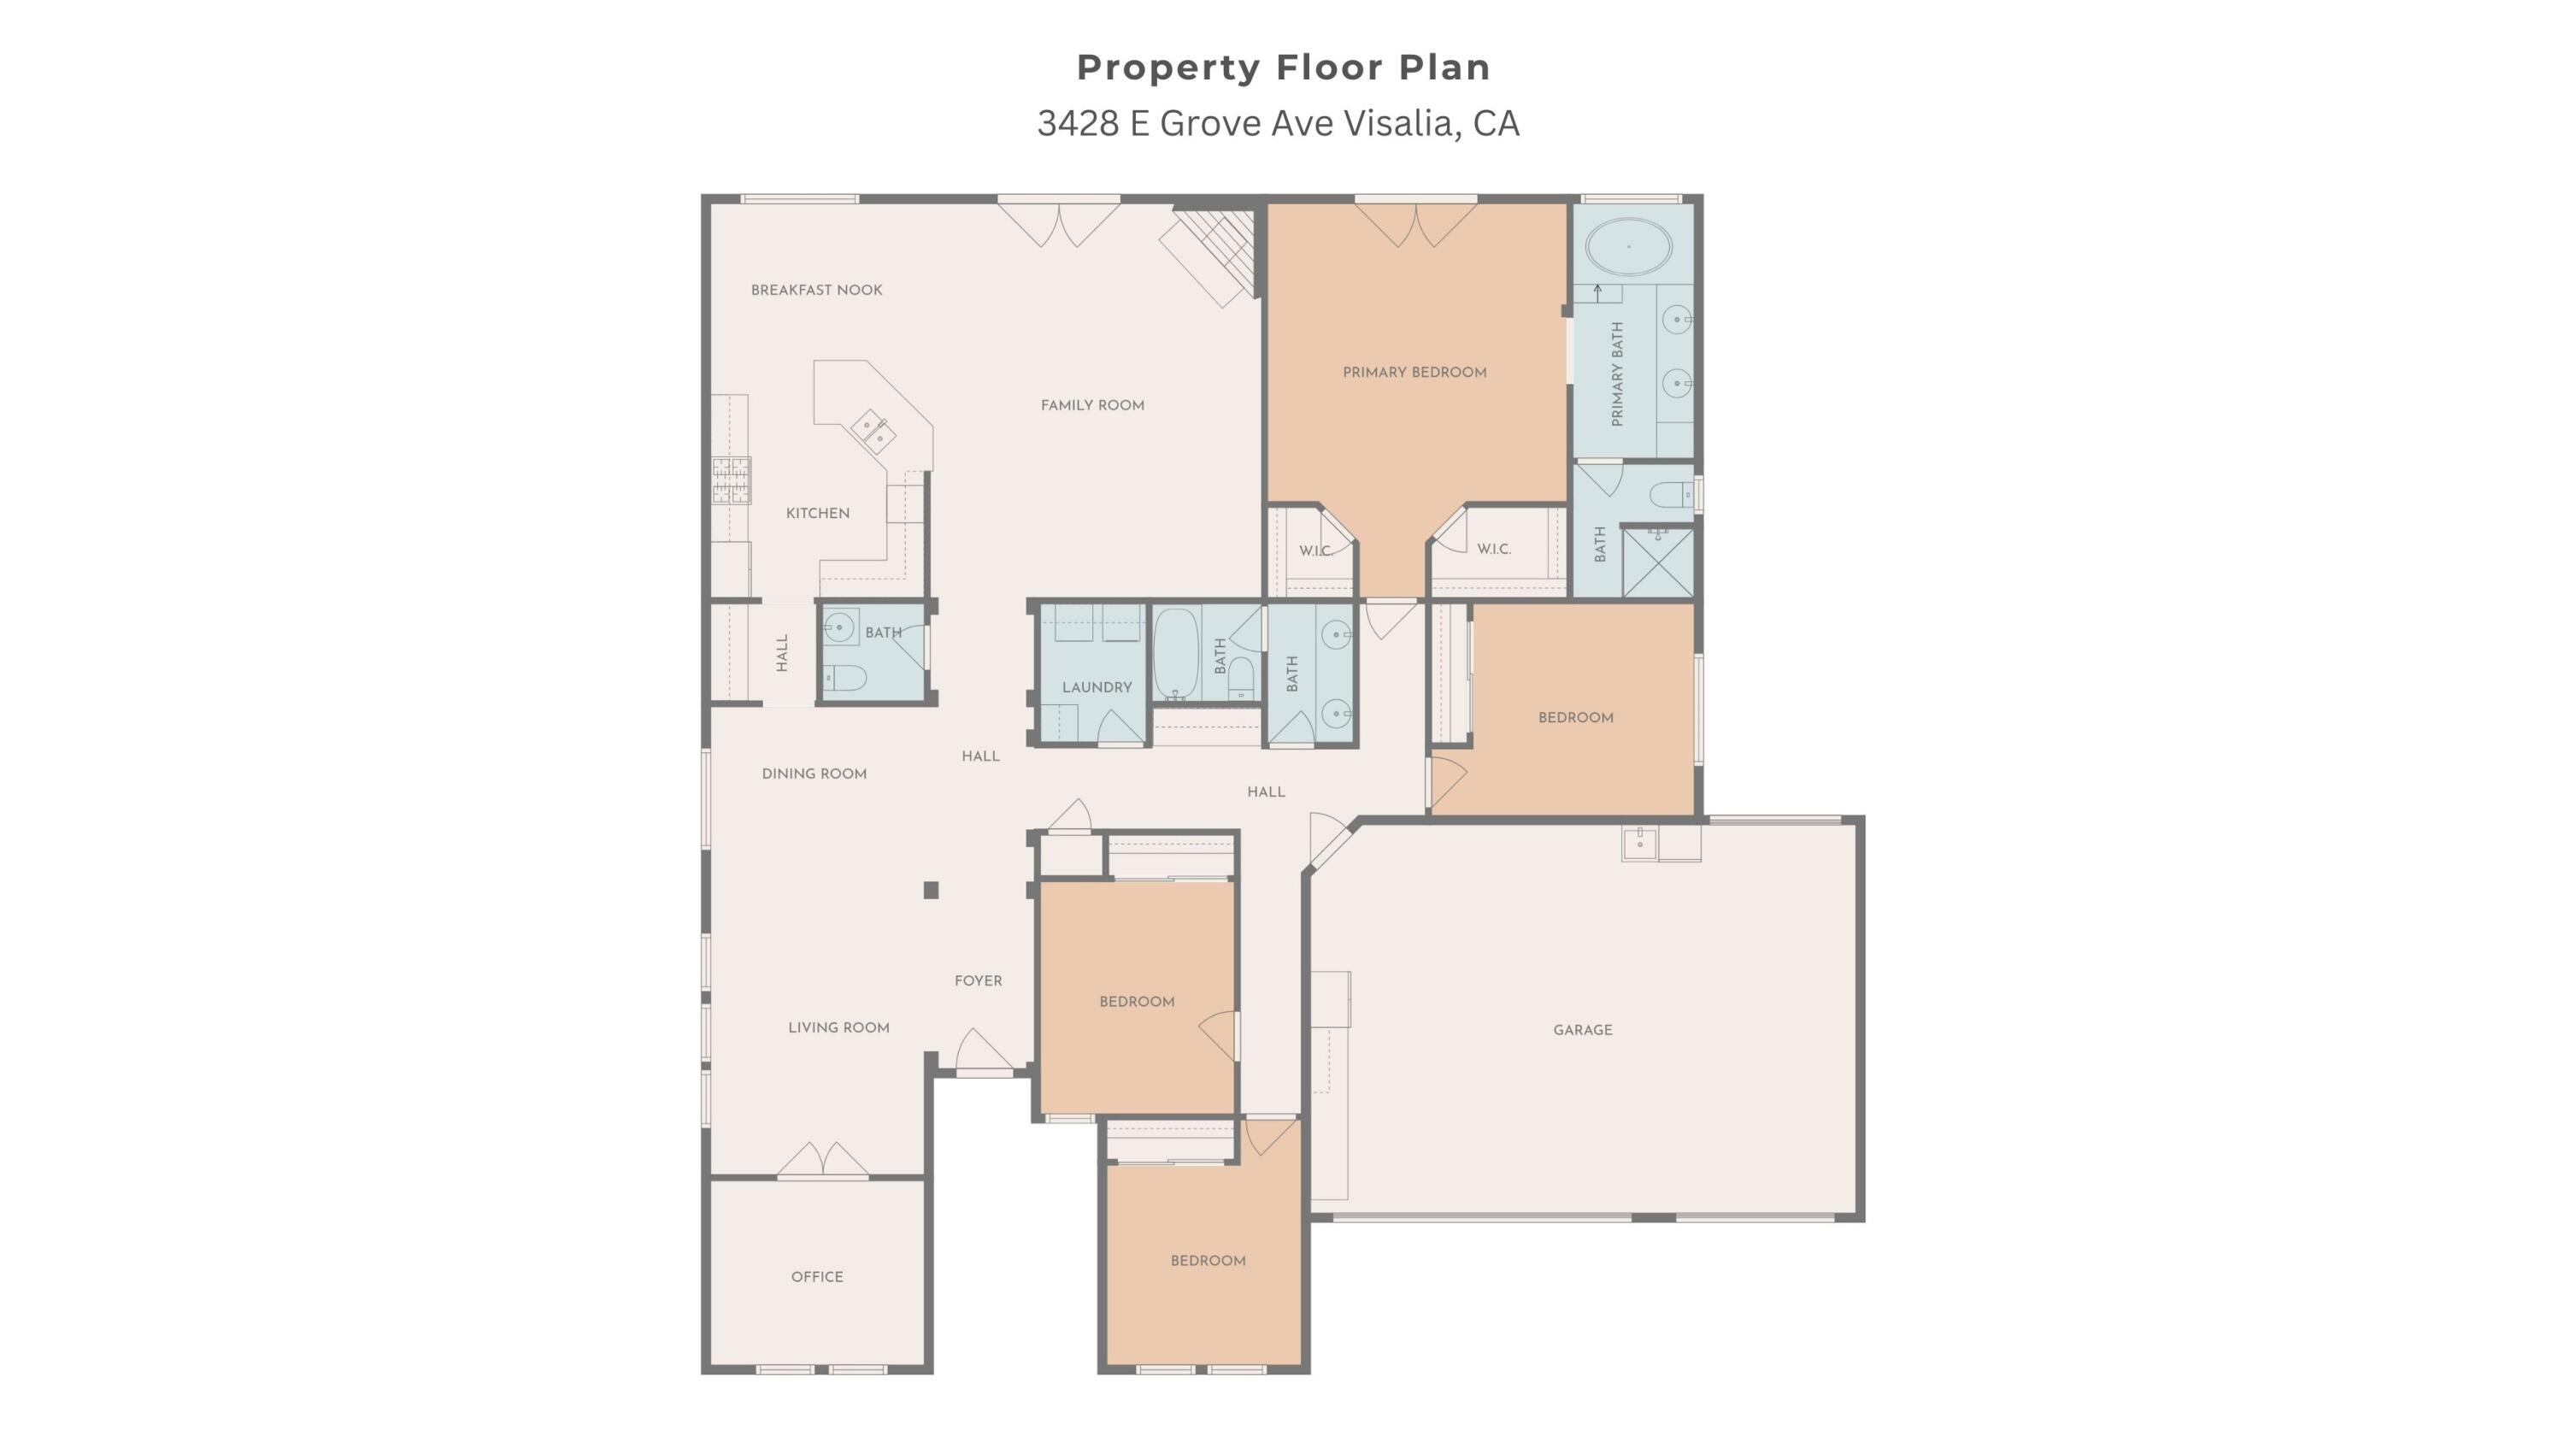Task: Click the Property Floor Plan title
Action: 1283,68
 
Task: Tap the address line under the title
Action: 1278,123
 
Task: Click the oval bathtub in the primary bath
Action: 1628,246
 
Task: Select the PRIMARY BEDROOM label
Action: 1414,372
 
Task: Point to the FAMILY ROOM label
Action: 1092,405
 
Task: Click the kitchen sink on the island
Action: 872,431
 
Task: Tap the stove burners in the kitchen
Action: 731,480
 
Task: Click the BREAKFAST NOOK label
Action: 816,290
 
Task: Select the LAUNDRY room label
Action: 1097,686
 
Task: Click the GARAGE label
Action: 1583,1030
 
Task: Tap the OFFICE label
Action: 817,1277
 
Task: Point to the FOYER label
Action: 979,981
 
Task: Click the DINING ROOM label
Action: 814,774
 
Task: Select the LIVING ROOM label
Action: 839,1028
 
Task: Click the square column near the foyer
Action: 931,891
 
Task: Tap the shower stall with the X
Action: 1657,562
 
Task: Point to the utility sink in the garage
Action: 1640,844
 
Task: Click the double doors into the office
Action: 822,1161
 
